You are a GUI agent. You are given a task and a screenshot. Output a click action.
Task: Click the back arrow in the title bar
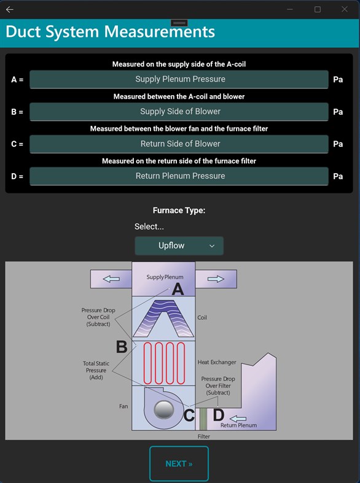[9, 9]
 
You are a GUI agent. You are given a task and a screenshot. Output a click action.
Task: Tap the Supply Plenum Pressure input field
[179, 79]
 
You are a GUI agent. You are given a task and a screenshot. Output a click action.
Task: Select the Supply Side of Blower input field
[179, 112]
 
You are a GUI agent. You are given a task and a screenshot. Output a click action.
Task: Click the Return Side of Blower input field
[179, 144]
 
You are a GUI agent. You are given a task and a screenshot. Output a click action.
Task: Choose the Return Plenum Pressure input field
[179, 176]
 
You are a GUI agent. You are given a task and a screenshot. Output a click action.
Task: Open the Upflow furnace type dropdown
[179, 245]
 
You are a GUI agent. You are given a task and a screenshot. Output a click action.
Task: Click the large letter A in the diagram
[178, 290]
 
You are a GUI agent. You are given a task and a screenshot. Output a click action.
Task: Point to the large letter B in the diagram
[122, 347]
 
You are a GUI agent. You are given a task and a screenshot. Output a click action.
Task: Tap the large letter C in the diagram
[189, 416]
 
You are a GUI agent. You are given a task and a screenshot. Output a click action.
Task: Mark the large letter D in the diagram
[218, 415]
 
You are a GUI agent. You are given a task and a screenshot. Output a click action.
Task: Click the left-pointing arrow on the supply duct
[111, 279]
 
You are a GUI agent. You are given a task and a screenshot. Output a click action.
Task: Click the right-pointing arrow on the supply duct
[216, 279]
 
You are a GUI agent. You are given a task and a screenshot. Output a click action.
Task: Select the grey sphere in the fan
[163, 410]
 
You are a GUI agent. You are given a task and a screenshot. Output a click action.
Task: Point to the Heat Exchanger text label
[217, 363]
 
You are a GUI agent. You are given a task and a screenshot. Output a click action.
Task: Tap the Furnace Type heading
[179, 211]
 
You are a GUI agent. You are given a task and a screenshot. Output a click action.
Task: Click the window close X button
[345, 9]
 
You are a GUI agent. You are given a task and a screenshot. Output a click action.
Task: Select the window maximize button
[318, 9]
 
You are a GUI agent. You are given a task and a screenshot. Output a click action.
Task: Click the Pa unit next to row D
[338, 176]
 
